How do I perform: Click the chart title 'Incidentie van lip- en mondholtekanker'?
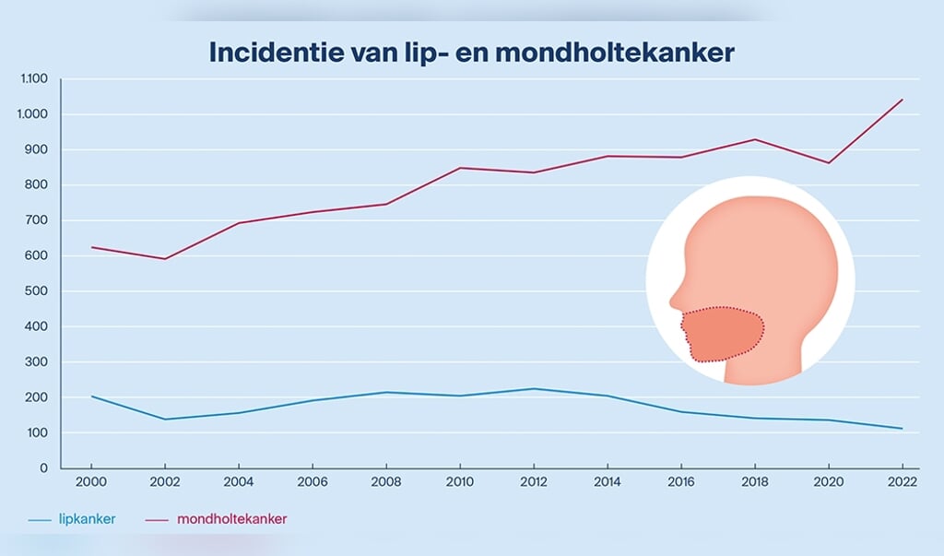point(471,52)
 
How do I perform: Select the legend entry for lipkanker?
point(84,519)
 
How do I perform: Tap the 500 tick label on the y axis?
point(37,291)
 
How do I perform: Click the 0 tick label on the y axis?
point(43,468)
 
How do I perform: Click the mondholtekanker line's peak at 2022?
point(902,100)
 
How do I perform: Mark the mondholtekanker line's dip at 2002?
point(164,259)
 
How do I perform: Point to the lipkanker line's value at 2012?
point(533,389)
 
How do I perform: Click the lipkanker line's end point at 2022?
point(902,429)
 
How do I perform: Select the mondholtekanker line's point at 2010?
point(459,168)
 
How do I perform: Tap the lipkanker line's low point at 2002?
point(164,420)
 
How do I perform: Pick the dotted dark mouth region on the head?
point(724,334)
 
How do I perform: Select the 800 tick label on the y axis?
point(37,185)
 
